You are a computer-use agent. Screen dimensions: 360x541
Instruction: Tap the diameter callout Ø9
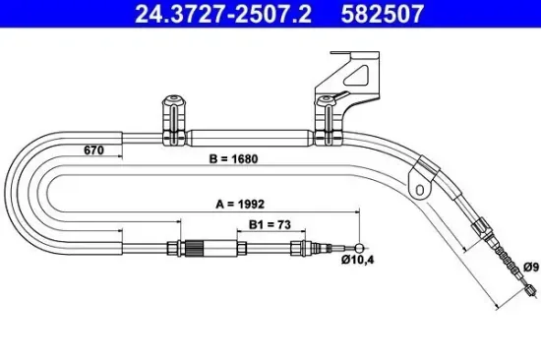coord(528,265)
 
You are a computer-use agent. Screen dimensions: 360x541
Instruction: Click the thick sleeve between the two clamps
coord(250,138)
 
